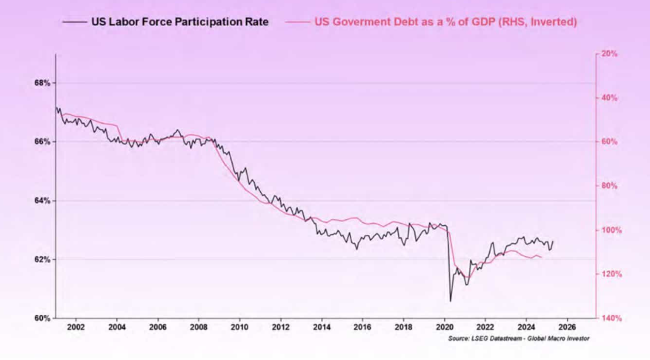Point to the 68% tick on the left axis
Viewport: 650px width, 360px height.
point(42,83)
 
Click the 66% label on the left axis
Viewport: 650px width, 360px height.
point(42,141)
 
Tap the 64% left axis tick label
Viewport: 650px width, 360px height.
point(42,201)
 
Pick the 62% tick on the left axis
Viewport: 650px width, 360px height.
point(42,259)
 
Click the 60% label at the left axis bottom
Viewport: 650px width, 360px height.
point(42,319)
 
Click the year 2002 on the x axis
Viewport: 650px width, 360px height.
point(76,327)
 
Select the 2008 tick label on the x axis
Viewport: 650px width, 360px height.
point(198,327)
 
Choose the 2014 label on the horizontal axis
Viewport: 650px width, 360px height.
point(321,327)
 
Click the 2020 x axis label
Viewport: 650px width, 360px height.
point(444,327)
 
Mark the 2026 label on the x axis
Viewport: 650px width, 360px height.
point(566,327)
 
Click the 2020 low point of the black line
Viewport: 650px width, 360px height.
point(450,301)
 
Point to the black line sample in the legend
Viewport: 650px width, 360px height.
point(76,22)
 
